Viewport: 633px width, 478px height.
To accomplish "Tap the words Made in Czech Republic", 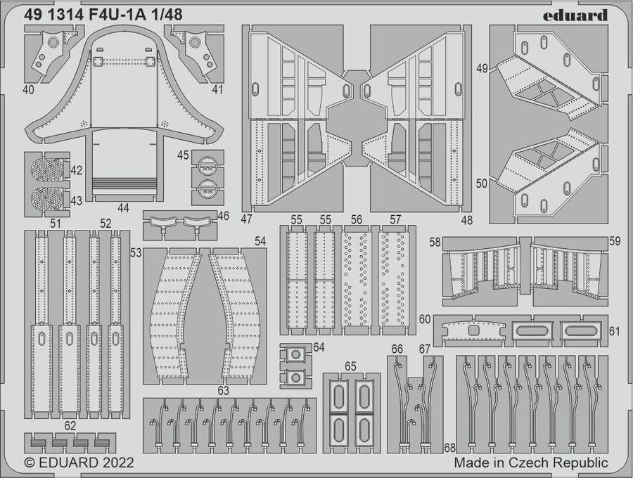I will click(x=530, y=463).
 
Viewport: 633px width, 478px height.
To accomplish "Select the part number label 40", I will click(x=29, y=89).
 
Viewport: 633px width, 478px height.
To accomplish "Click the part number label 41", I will click(x=217, y=89).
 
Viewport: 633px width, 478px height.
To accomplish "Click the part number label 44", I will click(x=124, y=207).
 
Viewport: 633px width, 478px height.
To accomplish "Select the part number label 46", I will click(x=223, y=216).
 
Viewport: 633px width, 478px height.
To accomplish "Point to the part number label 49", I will click(x=482, y=69).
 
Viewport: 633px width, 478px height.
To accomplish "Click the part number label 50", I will click(x=482, y=183).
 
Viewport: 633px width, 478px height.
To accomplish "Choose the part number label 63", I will click(x=224, y=390).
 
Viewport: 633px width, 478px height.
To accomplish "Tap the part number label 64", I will click(x=319, y=347).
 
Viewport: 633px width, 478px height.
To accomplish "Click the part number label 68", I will click(x=450, y=448).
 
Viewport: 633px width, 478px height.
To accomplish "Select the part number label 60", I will click(x=424, y=319).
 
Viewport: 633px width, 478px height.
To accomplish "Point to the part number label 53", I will click(x=136, y=252).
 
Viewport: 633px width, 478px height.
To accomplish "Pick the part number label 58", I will click(x=435, y=242).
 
